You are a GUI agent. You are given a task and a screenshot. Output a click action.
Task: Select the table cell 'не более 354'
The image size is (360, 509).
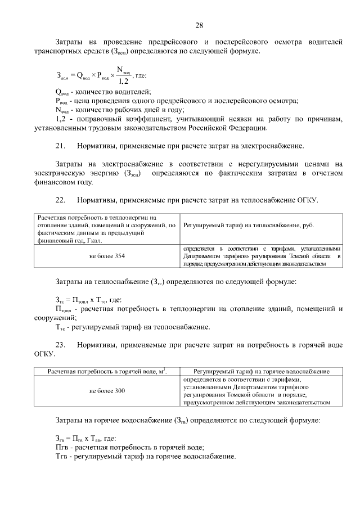107,256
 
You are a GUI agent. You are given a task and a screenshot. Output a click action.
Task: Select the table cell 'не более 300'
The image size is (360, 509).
107,390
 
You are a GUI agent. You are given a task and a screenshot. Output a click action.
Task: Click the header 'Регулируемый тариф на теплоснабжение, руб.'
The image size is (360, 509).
249,226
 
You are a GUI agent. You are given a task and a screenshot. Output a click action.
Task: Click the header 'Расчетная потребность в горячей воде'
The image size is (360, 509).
107,372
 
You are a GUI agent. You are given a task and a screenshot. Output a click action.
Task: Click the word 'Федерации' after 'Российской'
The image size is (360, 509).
247,128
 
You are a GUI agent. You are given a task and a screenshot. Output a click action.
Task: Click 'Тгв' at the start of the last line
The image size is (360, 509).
61,456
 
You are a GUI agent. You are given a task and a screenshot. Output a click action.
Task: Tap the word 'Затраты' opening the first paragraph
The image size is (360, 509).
70,42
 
